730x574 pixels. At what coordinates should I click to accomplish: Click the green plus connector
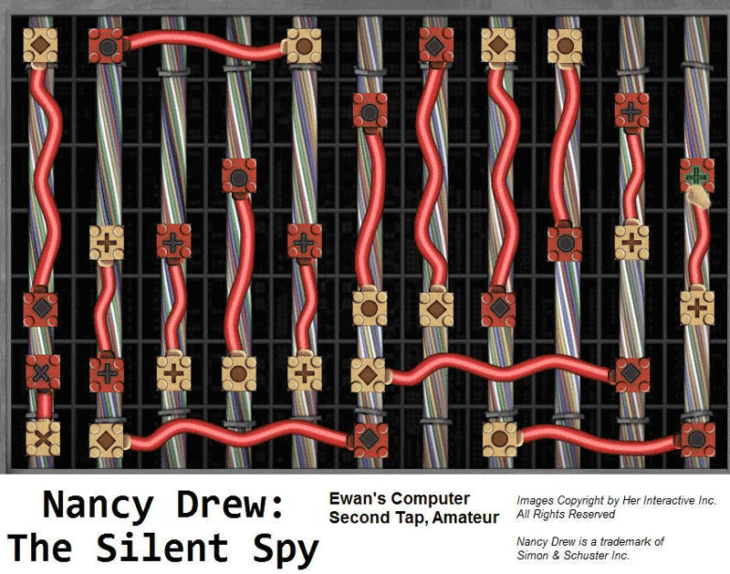pyautogui.click(x=697, y=175)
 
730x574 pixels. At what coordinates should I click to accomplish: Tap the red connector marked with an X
pyautogui.click(x=42, y=372)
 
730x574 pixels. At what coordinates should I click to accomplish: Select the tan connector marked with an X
pyautogui.click(x=42, y=439)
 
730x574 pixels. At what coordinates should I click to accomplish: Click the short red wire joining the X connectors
pyautogui.click(x=44, y=405)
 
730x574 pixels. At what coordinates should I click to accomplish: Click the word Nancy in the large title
pyautogui.click(x=99, y=506)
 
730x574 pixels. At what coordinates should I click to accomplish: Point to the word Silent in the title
pyautogui.click(x=162, y=548)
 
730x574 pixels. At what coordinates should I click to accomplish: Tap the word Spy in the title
pyautogui.click(x=286, y=549)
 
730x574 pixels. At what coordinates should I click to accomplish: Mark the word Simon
pyautogui.click(x=533, y=556)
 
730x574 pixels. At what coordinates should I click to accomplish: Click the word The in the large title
pyautogui.click(x=39, y=548)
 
